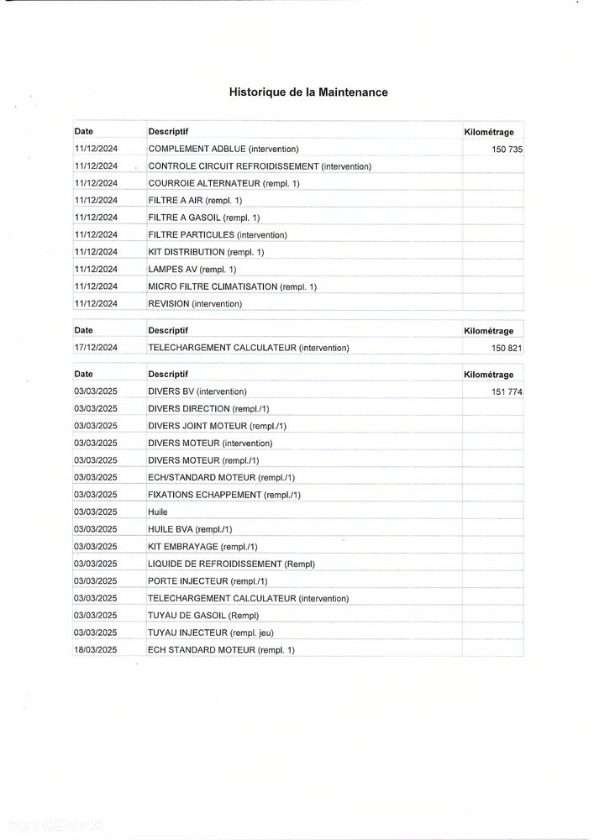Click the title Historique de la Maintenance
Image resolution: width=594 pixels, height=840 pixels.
tap(308, 92)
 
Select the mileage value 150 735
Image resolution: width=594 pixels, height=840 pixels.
tap(507, 150)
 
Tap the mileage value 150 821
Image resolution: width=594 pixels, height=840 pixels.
tap(507, 348)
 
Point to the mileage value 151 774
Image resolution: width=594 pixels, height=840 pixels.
tap(507, 391)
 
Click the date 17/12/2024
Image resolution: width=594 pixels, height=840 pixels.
tap(96, 348)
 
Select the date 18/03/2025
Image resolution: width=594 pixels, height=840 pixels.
tap(96, 650)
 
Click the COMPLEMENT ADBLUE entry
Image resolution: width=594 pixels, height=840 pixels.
tap(223, 149)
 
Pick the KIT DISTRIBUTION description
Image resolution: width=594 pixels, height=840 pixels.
tap(206, 252)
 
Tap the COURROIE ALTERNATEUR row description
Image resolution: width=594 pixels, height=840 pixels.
tap(223, 183)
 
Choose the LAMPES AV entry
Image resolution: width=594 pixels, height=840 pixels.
tap(192, 270)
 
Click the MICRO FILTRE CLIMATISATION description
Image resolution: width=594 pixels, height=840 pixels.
tap(232, 287)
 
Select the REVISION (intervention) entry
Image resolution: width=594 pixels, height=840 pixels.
tap(195, 304)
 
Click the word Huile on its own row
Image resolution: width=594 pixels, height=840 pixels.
tap(158, 512)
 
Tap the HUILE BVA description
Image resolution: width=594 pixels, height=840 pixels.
tap(190, 529)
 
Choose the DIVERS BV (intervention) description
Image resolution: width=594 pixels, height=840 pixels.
tap(197, 391)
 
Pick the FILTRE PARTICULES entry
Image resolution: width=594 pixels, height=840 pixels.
tap(218, 235)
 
